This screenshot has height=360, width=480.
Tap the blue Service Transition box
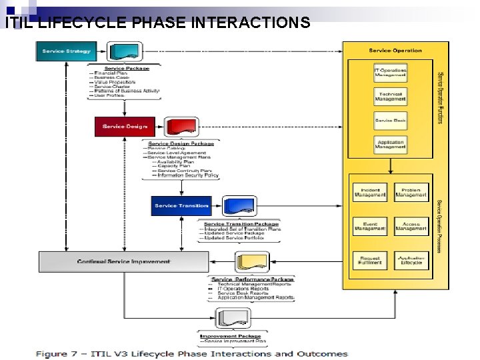pos(181,205)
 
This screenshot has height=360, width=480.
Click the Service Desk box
pos(390,121)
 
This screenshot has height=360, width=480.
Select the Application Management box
pos(390,145)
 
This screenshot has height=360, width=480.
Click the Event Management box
pos(369,227)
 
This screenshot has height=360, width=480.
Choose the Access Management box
pos(411,227)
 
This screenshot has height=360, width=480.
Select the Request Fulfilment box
pos(369,260)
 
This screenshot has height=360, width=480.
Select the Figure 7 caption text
pos(191,353)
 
